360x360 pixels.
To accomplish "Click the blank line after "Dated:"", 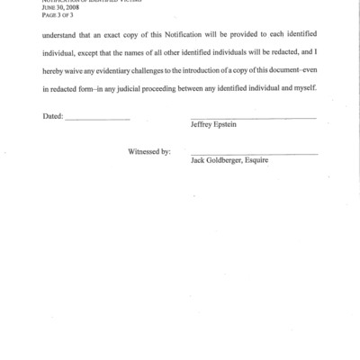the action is [98, 120].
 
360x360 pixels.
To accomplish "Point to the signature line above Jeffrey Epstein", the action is [254, 118].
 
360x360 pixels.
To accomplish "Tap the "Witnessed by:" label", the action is [150, 152].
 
